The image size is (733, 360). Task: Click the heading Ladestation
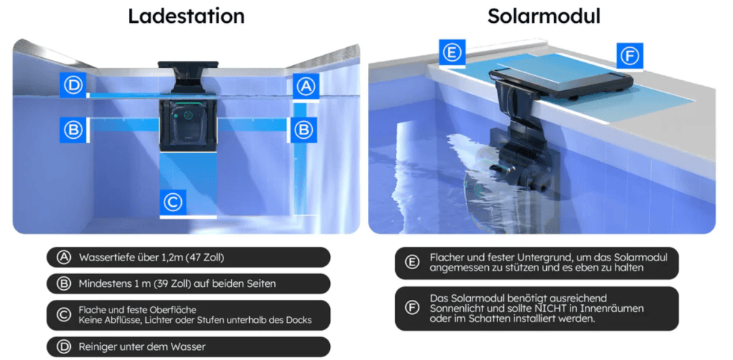186,16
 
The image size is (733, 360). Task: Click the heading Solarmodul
544,16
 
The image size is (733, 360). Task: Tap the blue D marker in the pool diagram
73,86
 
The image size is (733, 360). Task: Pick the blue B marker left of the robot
73,130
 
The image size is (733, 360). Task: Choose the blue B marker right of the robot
304,130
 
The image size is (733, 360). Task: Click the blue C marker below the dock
173,203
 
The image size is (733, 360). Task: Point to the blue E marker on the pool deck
452,52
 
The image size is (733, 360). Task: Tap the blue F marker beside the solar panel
629,56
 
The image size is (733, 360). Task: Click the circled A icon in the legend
64,257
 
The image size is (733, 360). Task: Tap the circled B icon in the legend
64,283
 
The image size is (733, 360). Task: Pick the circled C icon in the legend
64,315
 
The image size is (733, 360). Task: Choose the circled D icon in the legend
64,347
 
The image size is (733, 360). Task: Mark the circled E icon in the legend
412,263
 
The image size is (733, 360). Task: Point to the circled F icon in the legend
412,308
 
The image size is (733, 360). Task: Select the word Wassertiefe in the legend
105,257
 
